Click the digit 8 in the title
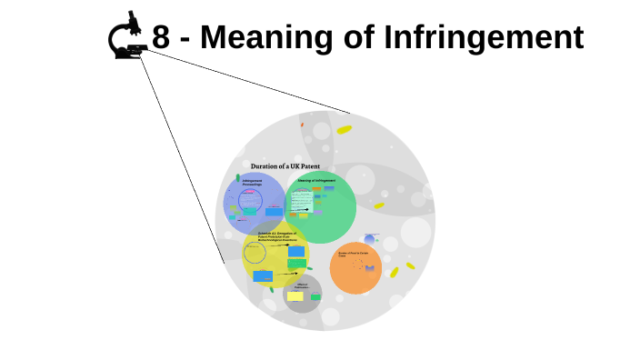coord(161,37)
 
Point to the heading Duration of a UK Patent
coord(285,166)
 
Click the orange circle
coord(355,268)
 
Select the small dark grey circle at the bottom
coord(302,294)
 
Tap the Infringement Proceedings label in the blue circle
coord(252,183)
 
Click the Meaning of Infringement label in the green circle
coord(316,181)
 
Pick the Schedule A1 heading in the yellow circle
coord(277,235)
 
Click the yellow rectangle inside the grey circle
coord(295,296)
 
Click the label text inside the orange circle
coord(353,254)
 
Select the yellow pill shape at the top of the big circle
coord(344,130)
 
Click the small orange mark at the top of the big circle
coord(302,125)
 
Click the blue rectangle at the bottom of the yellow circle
coord(263,275)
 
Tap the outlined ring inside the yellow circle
coord(256,253)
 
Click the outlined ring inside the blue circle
coord(250,202)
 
